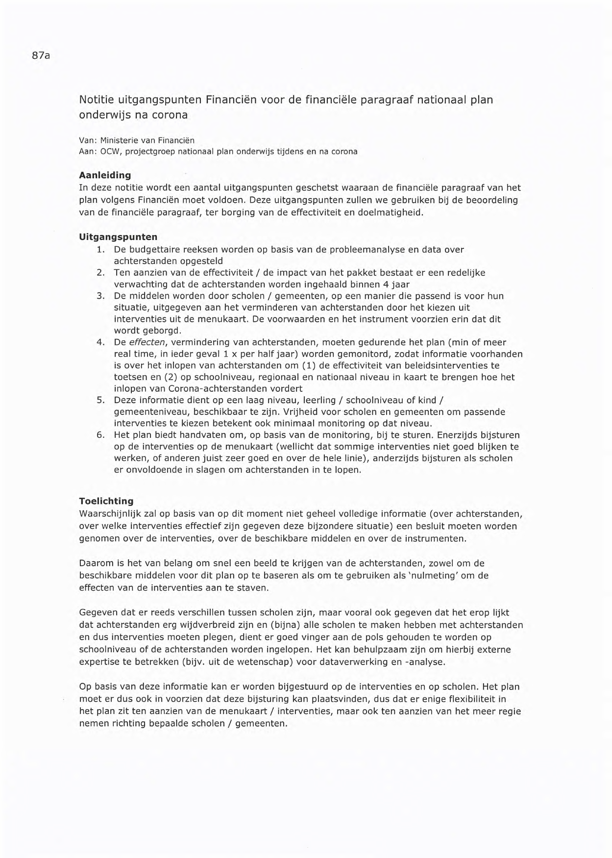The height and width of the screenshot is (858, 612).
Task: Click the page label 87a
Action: click(x=41, y=56)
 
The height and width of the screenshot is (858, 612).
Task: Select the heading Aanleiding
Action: click(x=105, y=175)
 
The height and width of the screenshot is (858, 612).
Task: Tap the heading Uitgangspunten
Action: click(x=118, y=237)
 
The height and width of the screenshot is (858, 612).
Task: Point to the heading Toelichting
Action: click(x=106, y=501)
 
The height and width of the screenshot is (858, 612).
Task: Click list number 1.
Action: click(x=100, y=249)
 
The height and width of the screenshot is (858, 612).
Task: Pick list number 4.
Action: click(x=100, y=342)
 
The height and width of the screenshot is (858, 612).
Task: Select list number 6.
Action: click(x=100, y=435)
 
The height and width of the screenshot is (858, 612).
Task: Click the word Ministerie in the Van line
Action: click(x=119, y=141)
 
